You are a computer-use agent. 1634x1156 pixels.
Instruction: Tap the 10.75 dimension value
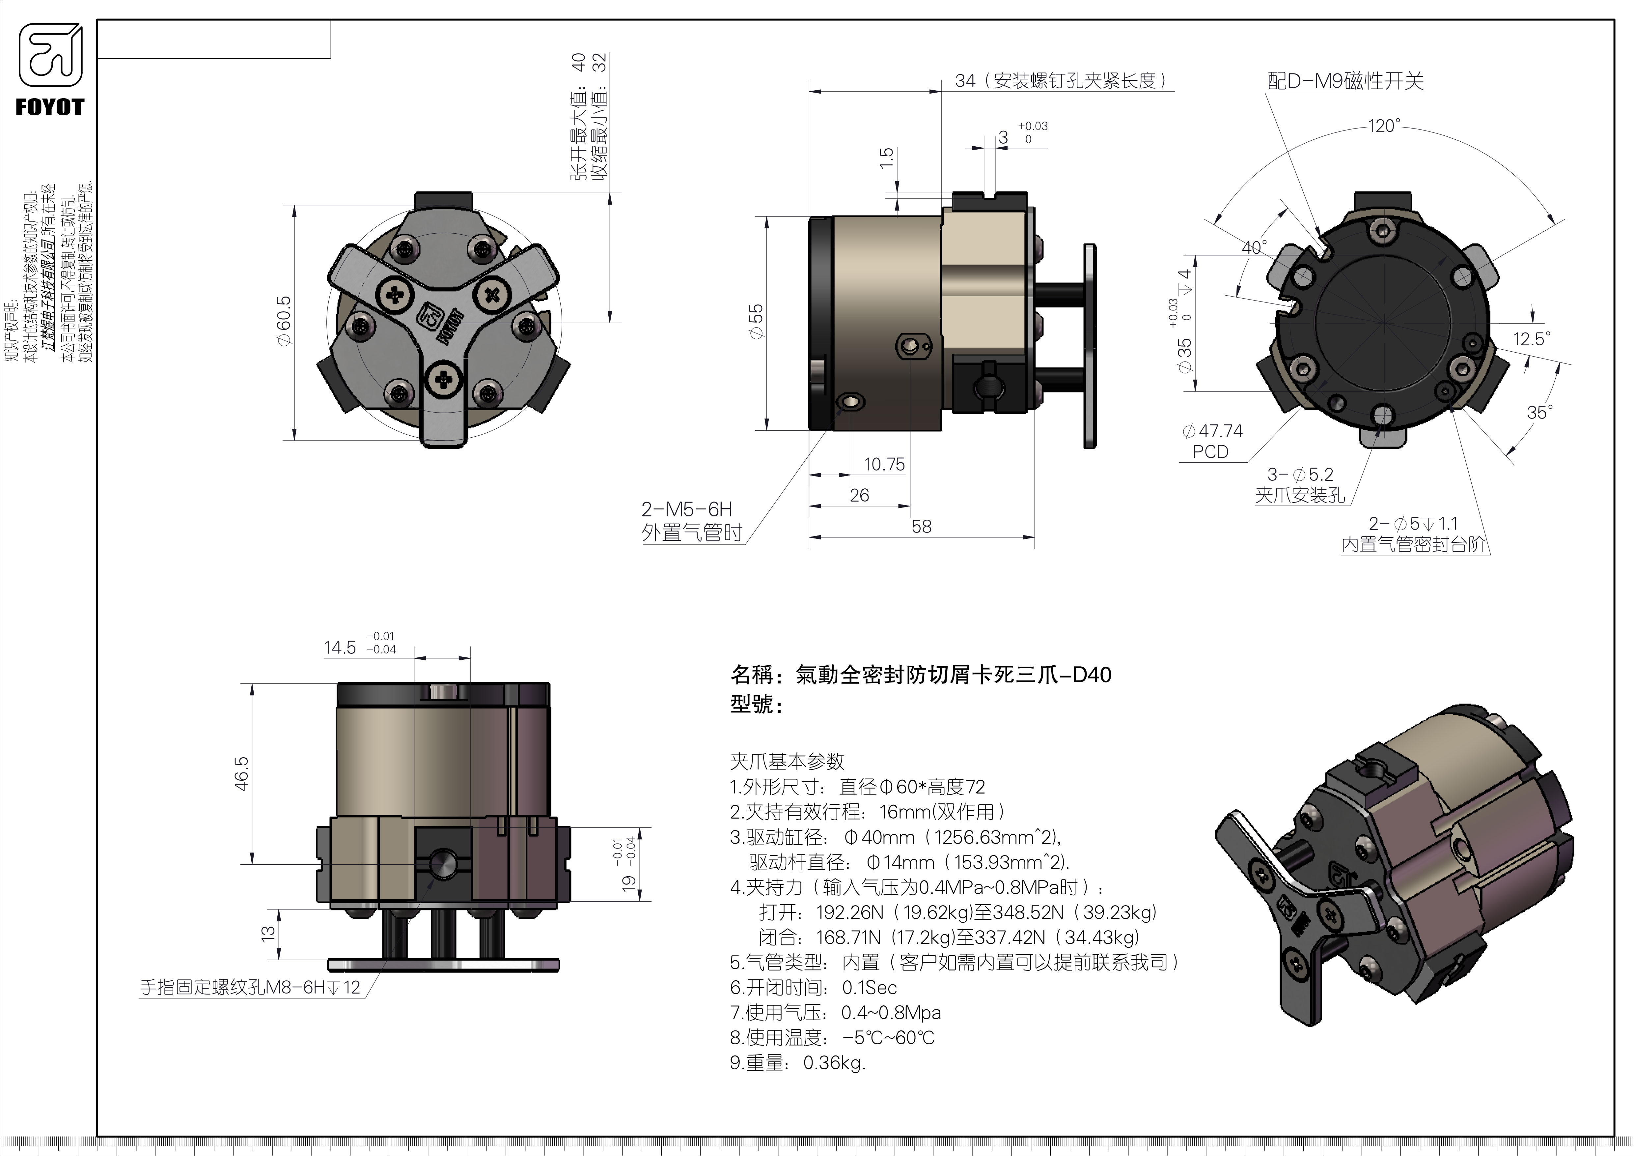pyautogui.click(x=884, y=465)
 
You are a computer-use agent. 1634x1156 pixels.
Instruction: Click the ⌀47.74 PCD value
pyautogui.click(x=1212, y=431)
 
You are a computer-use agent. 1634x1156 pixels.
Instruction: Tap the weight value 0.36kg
pyautogui.click(x=834, y=1063)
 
